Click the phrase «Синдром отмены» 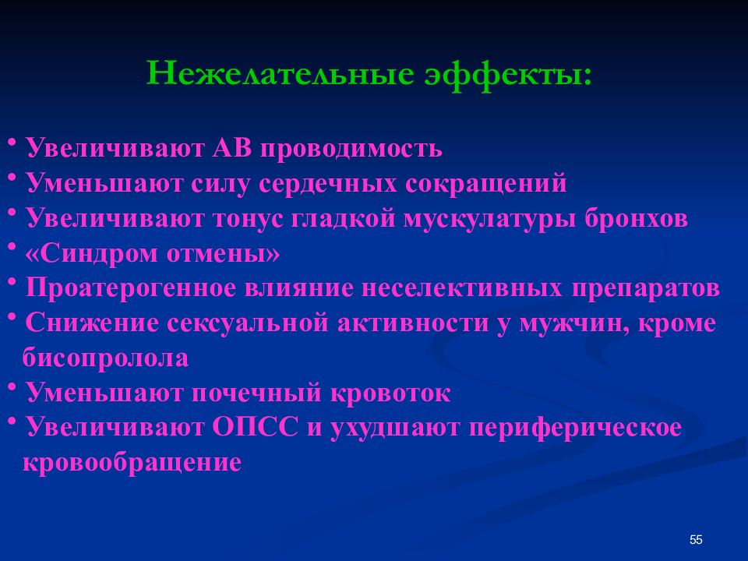(153, 254)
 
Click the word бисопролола (105, 358)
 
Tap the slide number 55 (696, 540)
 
